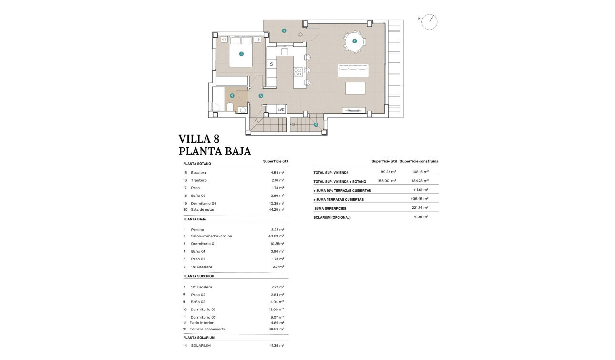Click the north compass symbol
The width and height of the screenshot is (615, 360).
coord(430,21)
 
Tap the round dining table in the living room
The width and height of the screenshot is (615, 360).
coord(354,41)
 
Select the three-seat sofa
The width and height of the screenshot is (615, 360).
coord(353,71)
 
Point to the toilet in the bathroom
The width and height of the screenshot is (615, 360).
coord(230,107)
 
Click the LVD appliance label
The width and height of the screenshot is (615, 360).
coord(281,110)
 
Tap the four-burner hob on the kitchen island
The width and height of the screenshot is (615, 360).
coord(298,72)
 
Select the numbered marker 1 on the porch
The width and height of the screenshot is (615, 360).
coord(284,31)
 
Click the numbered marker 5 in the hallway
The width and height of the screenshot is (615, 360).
coord(260,96)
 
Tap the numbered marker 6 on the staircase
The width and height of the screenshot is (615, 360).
coord(316,125)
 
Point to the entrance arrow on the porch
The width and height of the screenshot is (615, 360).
coord(300,35)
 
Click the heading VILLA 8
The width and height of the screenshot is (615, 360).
coord(199,139)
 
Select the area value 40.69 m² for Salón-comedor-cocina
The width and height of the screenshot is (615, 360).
coord(276,236)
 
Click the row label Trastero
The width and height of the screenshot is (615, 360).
coord(198,180)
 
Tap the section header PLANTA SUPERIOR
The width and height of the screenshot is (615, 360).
coord(198,276)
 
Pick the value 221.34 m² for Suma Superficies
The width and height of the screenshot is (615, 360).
coord(420,208)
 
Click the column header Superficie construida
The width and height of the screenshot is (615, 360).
coord(419,161)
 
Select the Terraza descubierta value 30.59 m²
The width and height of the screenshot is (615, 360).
coord(276,329)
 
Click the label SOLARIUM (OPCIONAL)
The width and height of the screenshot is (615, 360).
coord(332,217)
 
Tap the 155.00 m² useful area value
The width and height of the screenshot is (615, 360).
coord(388,181)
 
